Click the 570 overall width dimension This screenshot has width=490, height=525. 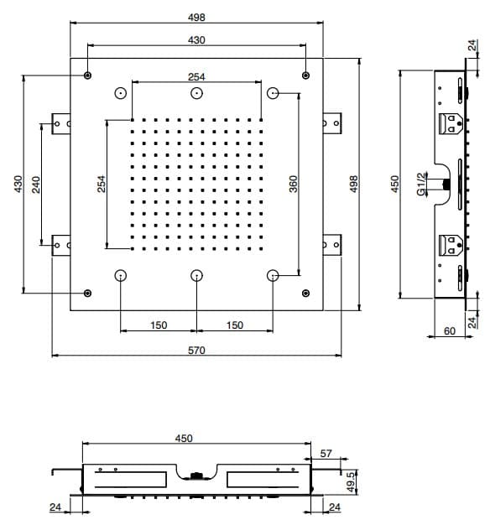point(196,351)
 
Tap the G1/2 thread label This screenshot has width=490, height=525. point(422,185)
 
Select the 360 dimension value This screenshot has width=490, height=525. point(293,185)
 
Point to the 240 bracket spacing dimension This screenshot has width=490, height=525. point(36,185)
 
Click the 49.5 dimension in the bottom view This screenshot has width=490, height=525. point(351,482)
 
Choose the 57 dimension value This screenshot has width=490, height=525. point(326,454)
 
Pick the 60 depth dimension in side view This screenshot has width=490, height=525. point(450,330)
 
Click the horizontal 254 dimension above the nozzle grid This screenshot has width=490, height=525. point(196,77)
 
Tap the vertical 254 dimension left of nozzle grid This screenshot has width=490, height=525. point(102,184)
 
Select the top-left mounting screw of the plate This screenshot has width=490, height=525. point(88,75)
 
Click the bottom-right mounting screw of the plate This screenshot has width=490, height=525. point(305,294)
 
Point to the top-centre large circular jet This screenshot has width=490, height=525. point(196,93)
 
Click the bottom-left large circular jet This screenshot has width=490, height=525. point(121,276)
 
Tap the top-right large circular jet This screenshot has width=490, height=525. point(273,93)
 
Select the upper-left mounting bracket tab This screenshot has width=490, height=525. point(61,123)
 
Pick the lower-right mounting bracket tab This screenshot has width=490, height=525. point(332,245)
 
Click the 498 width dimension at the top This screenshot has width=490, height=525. point(196,18)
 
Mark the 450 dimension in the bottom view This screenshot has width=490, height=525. point(184,439)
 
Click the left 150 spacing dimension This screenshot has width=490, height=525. point(159,325)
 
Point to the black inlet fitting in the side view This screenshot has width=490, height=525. point(446,184)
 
